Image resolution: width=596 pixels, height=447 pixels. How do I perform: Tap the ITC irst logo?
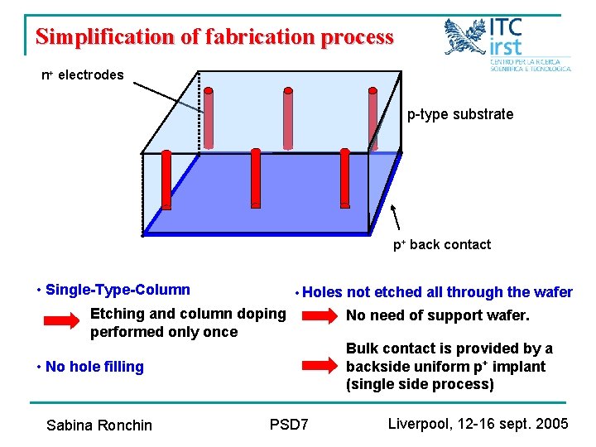[507, 46]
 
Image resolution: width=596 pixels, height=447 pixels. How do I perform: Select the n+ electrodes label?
[83, 75]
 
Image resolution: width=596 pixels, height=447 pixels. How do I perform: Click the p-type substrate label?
[459, 114]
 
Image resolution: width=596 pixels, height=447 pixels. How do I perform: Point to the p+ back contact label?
[441, 244]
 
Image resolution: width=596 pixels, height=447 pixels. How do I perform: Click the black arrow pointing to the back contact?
[397, 219]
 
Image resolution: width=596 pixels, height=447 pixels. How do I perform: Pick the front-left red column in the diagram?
[166, 179]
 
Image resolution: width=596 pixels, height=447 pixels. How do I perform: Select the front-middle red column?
[255, 179]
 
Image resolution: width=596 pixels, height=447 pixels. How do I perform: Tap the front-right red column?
[344, 178]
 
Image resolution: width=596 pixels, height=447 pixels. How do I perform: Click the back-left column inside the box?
[209, 120]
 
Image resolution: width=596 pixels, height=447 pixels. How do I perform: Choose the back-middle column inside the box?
[288, 120]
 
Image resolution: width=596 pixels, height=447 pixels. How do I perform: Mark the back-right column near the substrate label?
[373, 121]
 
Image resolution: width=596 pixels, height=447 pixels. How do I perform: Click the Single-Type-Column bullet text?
[118, 290]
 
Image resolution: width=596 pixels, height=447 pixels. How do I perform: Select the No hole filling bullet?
[94, 367]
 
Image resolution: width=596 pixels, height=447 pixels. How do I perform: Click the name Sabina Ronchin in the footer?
[99, 425]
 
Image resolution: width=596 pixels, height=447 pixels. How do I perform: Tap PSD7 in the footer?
[289, 425]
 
